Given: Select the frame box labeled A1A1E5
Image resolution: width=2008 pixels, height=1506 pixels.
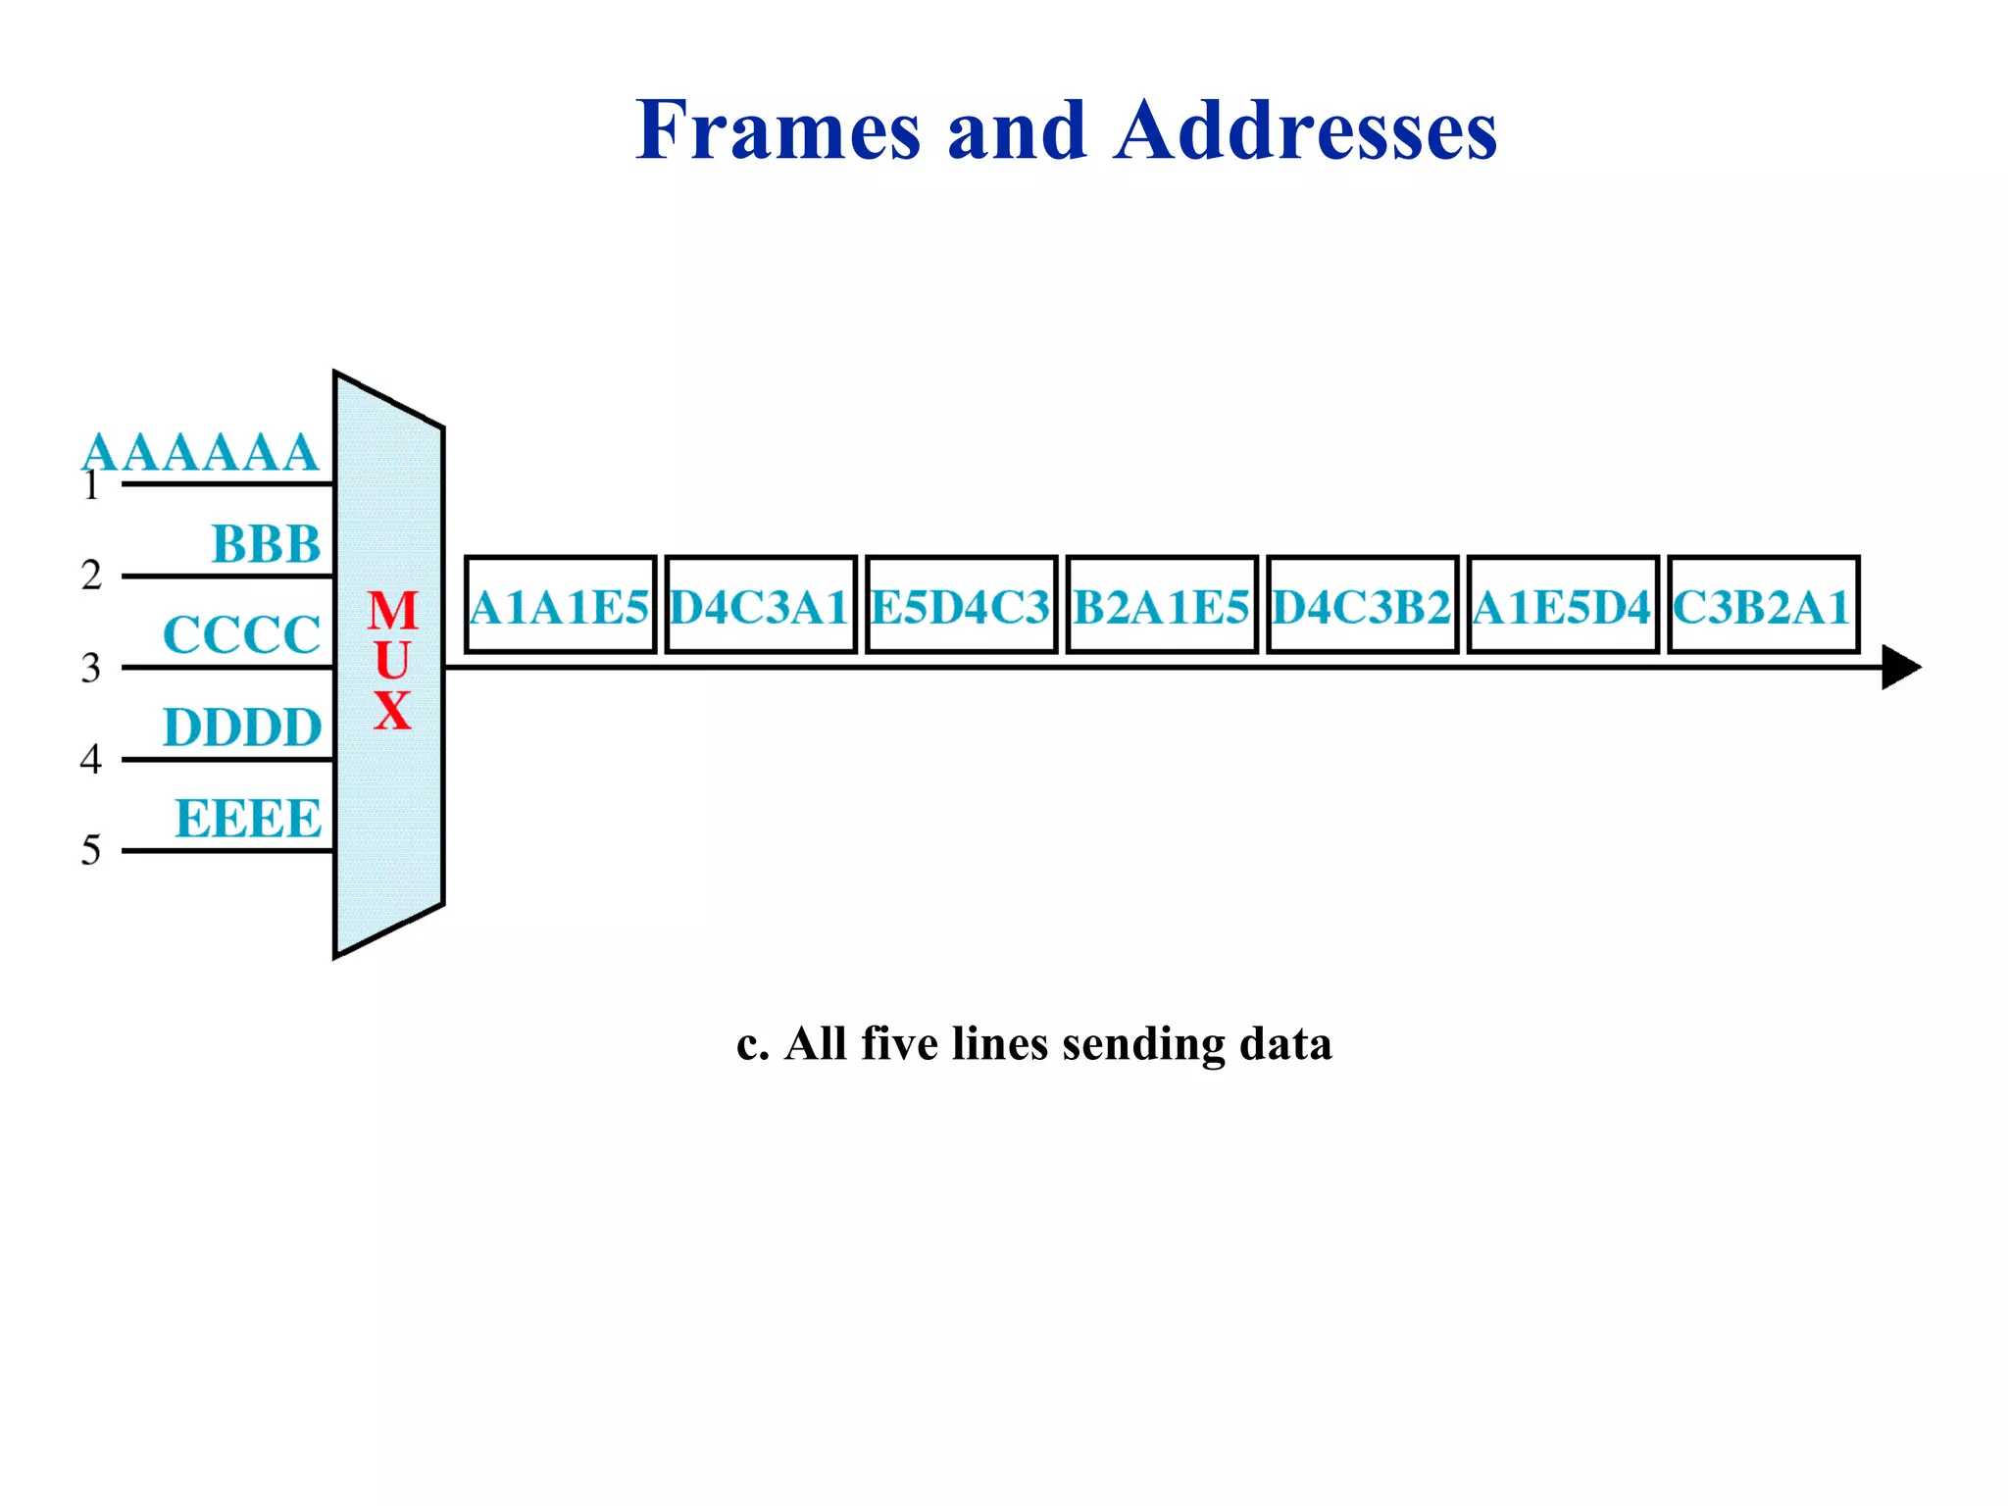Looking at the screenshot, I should [x=560, y=605].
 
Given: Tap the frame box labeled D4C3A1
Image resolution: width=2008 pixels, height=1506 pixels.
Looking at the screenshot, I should [x=760, y=605].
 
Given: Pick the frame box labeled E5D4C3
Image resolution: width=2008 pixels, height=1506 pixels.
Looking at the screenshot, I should [x=961, y=605].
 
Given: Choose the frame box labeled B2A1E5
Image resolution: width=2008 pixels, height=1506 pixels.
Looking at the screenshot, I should [x=1161, y=605].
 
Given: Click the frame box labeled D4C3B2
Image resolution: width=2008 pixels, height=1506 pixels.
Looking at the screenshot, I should [x=1362, y=605].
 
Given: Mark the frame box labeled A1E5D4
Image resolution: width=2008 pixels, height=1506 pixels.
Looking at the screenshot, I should [x=1562, y=605].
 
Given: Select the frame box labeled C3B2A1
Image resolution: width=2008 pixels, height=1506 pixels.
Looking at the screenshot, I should [x=1763, y=605].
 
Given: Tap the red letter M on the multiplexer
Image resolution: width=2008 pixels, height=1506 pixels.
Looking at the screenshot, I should [x=392, y=611].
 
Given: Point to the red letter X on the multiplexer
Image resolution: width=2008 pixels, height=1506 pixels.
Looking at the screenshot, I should [x=392, y=711].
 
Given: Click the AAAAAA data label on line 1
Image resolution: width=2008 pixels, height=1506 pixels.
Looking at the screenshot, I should [x=200, y=453].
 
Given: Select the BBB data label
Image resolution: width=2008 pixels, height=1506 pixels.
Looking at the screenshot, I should [x=266, y=544].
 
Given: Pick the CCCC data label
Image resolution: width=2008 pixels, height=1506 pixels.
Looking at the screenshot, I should [x=241, y=635].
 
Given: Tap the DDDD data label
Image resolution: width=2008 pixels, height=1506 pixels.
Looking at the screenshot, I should [x=242, y=728].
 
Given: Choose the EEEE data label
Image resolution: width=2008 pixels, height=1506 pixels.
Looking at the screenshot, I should [x=248, y=819].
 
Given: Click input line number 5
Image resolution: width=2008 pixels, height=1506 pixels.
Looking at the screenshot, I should [x=91, y=850].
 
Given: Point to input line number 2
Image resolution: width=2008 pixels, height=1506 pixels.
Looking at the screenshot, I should [x=91, y=576].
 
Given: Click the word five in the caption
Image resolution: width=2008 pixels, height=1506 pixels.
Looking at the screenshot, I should [x=897, y=1043].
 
